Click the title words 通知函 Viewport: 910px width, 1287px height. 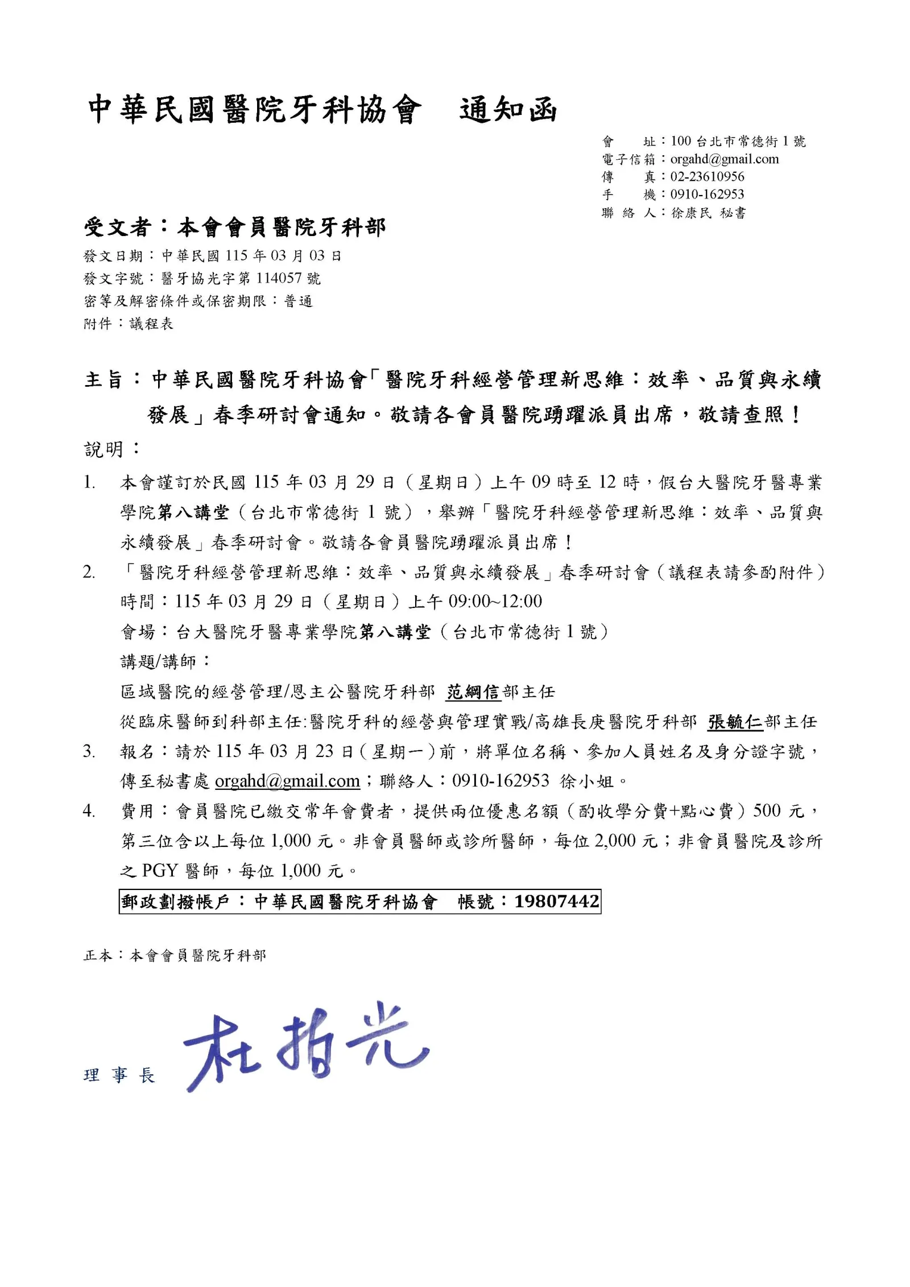pos(507,110)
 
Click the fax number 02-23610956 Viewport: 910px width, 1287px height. pos(707,177)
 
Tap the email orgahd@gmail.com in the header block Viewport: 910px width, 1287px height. pos(724,159)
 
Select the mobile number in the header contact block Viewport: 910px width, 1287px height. pos(707,195)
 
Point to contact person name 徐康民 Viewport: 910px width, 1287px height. pos(691,213)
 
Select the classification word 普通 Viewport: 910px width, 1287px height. pos(299,301)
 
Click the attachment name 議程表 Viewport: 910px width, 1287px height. pos(151,324)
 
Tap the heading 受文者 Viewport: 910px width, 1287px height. pos(117,227)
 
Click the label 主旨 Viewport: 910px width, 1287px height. pos(104,380)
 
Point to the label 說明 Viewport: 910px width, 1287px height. pos(104,450)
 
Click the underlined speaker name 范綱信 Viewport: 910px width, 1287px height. pos(473,692)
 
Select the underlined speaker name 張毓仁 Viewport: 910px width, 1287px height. pos(735,722)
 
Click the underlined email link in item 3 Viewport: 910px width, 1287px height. pos(287,781)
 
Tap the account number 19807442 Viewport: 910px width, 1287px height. pos(556,901)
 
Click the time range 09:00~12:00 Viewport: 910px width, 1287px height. pos(495,601)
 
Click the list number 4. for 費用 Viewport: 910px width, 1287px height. pos(89,811)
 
